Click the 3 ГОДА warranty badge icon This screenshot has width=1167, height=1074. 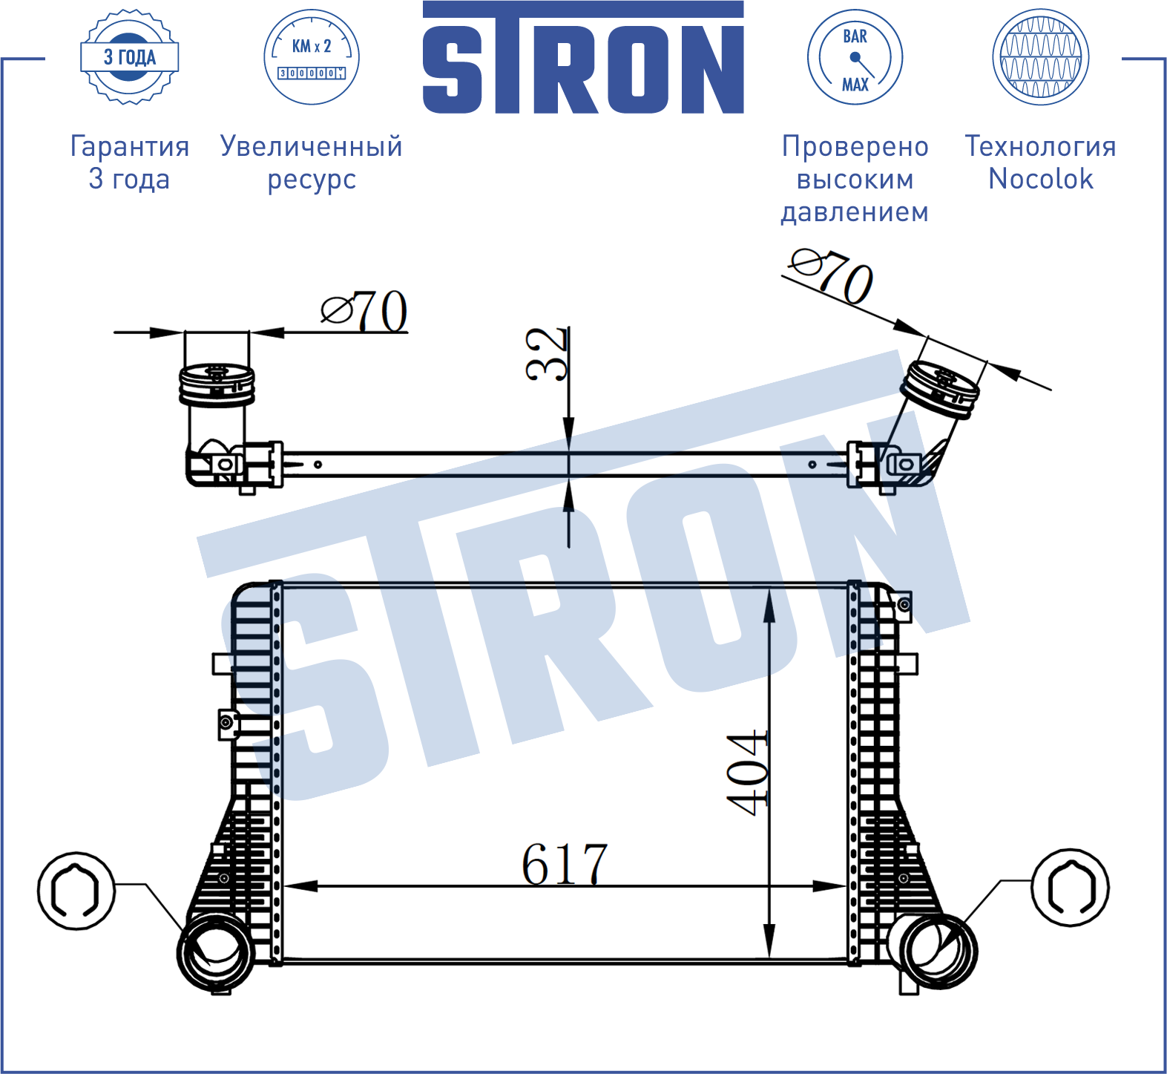(129, 57)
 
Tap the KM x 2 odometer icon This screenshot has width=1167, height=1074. (312, 57)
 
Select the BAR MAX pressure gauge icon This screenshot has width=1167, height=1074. (855, 57)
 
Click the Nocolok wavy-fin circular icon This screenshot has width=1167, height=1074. (1040, 57)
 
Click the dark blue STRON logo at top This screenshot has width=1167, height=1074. (583, 57)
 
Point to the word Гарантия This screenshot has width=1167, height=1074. (130, 146)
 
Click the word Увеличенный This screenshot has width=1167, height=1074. (312, 146)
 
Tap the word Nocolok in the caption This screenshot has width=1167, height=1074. (1040, 179)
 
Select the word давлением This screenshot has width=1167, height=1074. (855, 212)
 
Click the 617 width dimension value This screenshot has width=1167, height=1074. (565, 864)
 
